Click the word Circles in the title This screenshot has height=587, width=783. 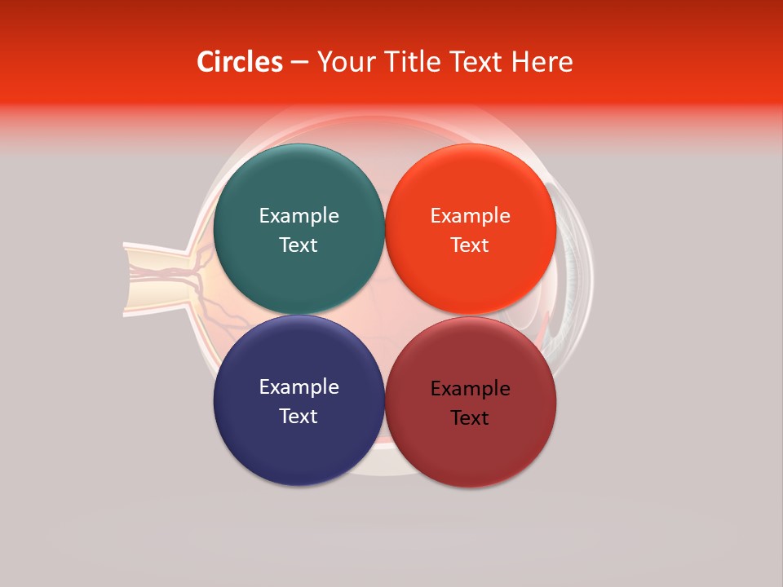point(239,62)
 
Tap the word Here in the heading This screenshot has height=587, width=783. point(542,62)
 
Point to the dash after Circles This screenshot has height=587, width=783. point(299,63)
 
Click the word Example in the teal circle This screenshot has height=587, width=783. point(299,215)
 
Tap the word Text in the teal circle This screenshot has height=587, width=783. point(299,245)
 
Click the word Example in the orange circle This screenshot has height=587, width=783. point(470,215)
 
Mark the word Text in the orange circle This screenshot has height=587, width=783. point(470,245)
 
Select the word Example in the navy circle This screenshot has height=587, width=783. point(299,386)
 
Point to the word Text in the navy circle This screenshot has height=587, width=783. point(299,416)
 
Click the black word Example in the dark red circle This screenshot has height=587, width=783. point(470,388)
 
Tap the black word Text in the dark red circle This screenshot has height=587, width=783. point(470,417)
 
